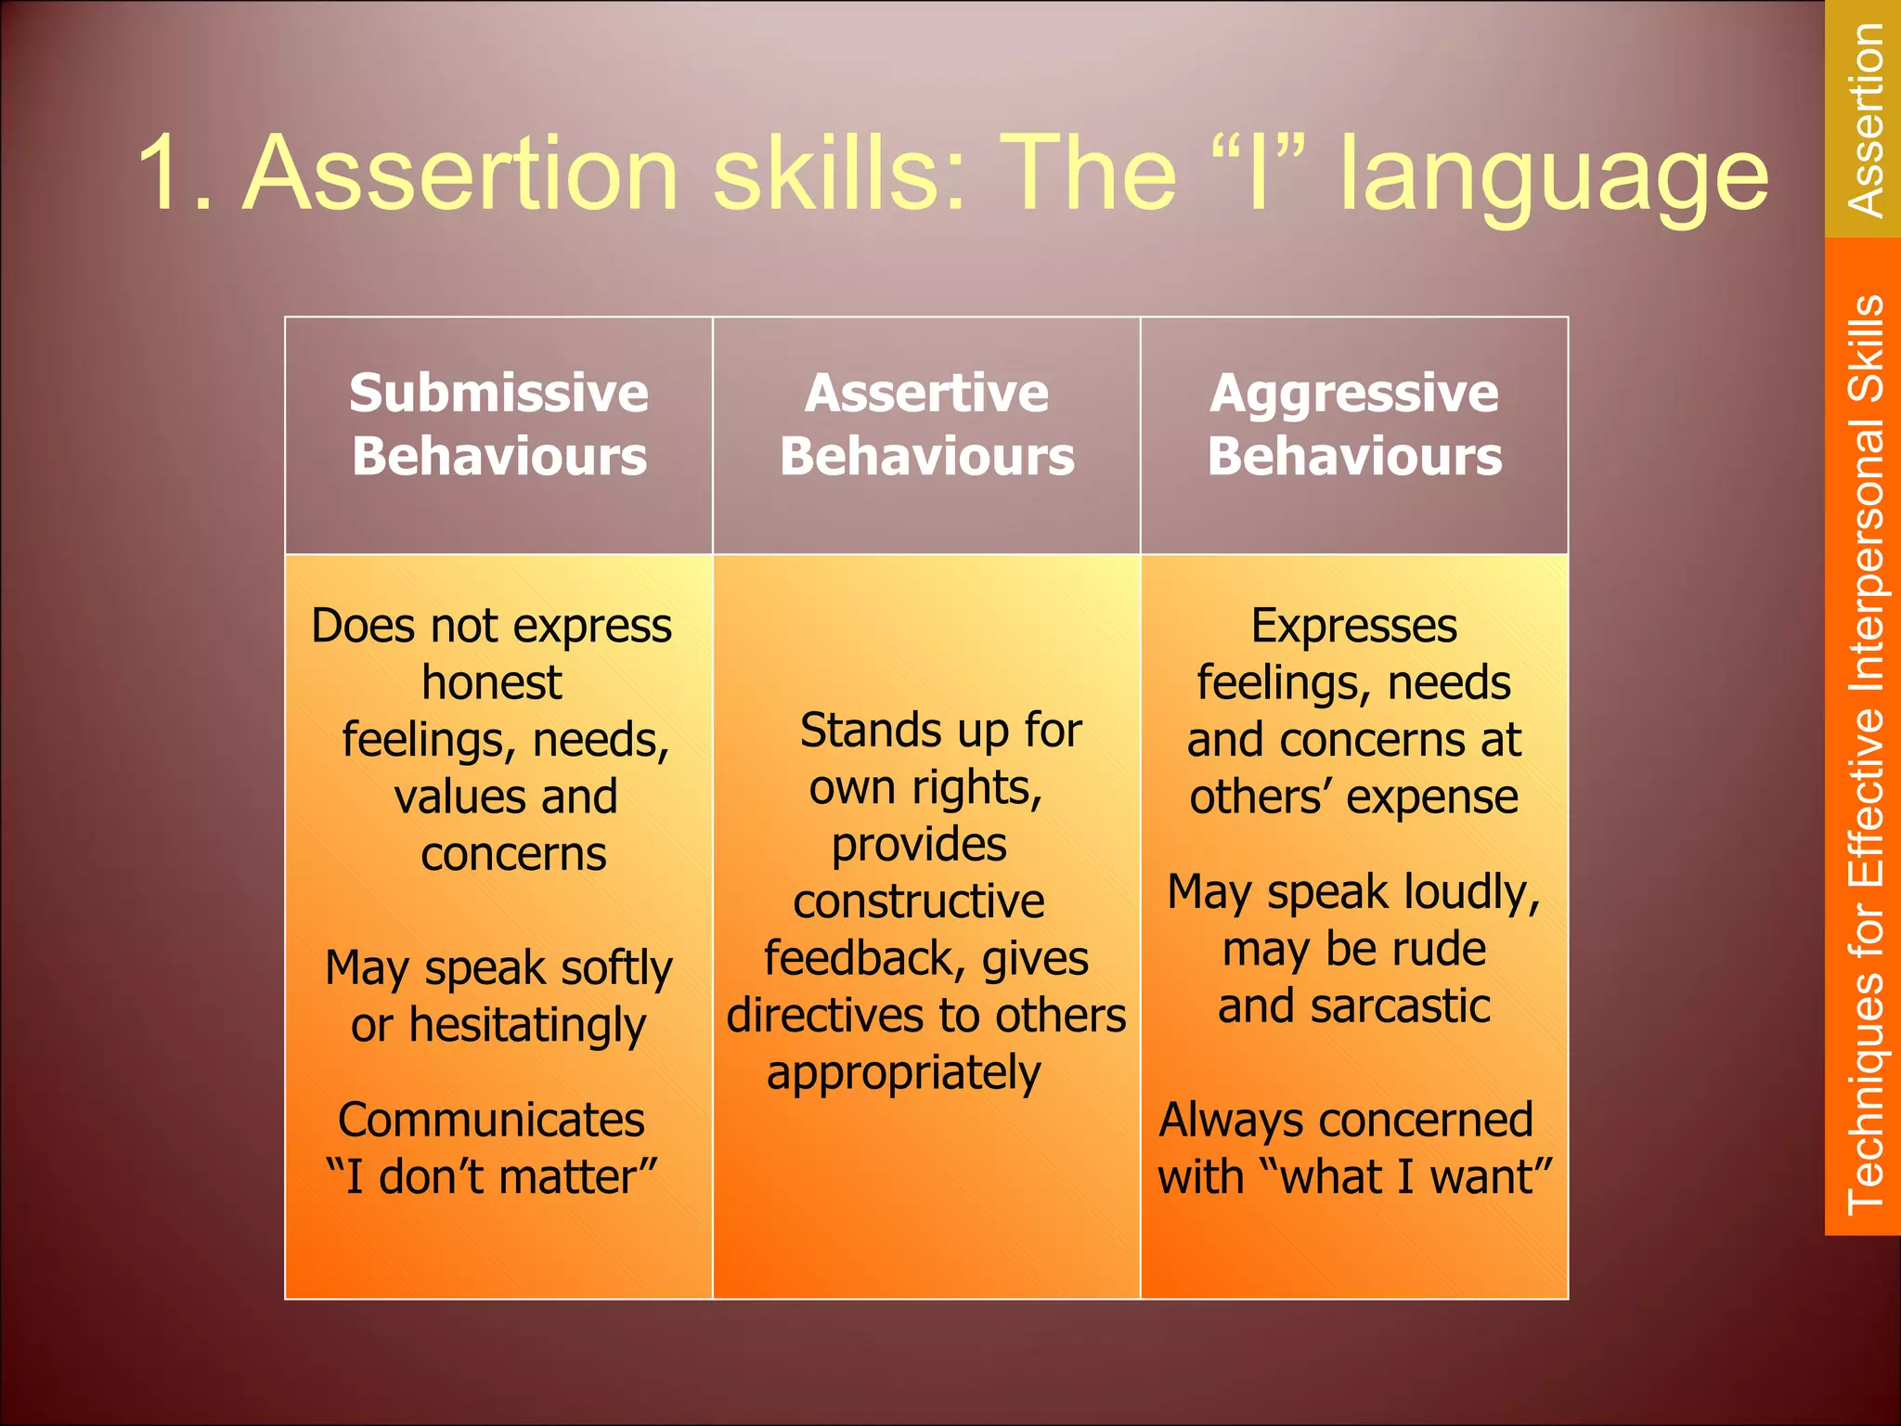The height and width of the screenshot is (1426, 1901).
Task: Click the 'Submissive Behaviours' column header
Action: pos(499,425)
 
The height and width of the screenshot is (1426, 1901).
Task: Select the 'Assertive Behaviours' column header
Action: pos(926,425)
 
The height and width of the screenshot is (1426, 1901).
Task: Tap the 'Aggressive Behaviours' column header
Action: pos(1354,425)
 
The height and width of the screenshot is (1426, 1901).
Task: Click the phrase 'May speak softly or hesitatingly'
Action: pos(499,997)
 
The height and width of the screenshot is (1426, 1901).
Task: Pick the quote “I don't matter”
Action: pos(492,1177)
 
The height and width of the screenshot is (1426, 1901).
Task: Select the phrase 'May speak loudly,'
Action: pos(1353,893)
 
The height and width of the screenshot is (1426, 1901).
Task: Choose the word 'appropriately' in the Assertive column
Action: pos(904,1074)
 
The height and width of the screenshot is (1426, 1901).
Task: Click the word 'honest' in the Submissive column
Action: pos(492,683)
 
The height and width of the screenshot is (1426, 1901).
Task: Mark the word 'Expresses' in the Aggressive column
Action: pos(1353,626)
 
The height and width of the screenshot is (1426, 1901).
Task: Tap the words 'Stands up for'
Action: pos(940,731)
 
